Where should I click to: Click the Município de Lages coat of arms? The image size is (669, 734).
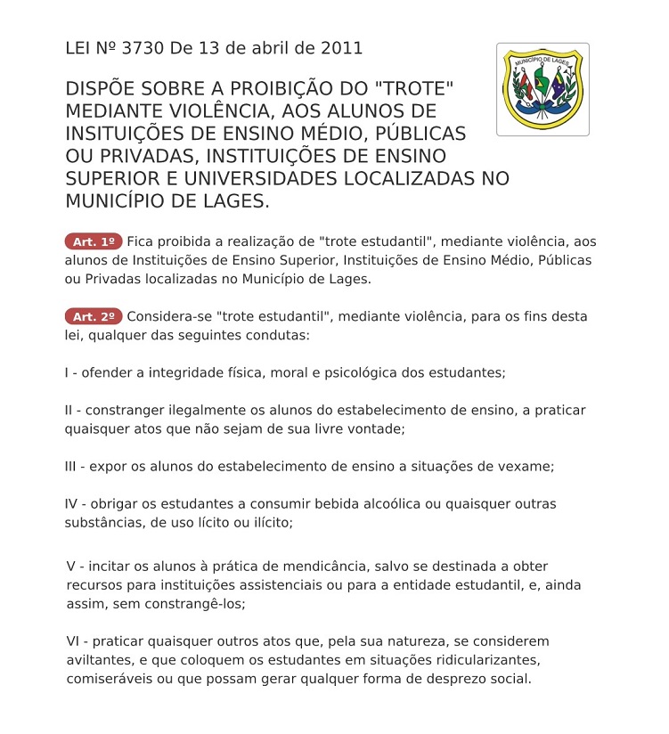(542, 89)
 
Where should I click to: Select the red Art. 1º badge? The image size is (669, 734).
(93, 241)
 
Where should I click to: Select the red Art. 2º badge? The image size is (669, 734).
(93, 316)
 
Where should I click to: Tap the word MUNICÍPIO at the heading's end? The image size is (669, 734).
(118, 200)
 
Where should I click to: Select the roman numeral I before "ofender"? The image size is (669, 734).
(68, 372)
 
